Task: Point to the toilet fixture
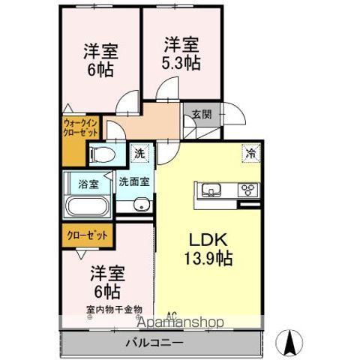(x=103, y=155)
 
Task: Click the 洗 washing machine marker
(x=140, y=154)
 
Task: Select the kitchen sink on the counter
(x=208, y=189)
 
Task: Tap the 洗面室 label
(x=133, y=181)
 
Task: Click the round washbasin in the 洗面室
(x=139, y=206)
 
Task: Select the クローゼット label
(x=88, y=234)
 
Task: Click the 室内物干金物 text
(x=113, y=309)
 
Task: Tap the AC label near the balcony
(x=170, y=315)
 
